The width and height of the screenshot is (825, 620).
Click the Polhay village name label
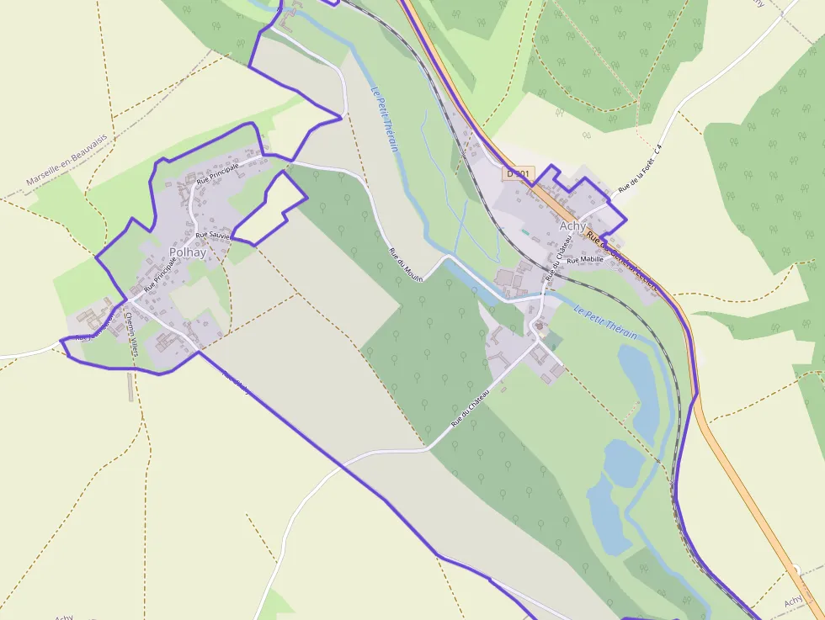[187, 252]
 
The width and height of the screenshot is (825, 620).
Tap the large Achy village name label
[572, 225]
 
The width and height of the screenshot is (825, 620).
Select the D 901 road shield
[519, 173]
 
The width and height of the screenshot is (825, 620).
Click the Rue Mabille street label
[585, 260]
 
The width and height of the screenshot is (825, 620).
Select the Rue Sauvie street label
[212, 236]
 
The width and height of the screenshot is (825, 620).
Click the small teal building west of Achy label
[526, 231]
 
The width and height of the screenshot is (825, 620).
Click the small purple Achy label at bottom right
[793, 601]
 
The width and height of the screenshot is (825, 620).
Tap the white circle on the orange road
[796, 570]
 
